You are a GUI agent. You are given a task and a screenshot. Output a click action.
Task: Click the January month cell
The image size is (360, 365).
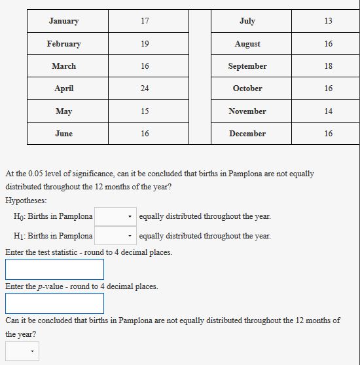[63, 21]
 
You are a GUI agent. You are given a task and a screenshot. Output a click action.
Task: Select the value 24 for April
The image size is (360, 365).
[145, 88]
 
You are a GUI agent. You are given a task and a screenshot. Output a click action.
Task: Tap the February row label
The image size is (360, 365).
[63, 44]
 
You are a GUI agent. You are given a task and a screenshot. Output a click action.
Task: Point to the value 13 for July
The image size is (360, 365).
[328, 21]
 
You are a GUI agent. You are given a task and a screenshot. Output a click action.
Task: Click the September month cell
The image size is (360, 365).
[247, 66]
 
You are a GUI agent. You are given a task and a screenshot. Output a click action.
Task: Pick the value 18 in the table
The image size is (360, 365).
[328, 66]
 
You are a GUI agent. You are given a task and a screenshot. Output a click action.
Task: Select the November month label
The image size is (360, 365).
[247, 111]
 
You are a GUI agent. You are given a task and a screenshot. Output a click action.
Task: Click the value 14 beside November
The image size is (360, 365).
[328, 111]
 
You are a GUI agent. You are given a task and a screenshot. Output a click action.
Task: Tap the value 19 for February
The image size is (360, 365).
[145, 44]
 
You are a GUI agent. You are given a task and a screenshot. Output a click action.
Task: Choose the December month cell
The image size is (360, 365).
[247, 134]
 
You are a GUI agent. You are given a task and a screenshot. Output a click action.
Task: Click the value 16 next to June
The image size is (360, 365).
[145, 134]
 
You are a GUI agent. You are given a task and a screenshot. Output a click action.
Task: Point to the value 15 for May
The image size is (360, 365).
[145, 111]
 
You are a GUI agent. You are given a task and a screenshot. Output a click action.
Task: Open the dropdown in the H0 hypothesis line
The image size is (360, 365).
[116, 216]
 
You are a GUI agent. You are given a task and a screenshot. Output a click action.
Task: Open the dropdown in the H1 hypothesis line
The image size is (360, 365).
[116, 236]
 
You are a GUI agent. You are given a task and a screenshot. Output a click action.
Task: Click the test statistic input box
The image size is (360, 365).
[54, 269]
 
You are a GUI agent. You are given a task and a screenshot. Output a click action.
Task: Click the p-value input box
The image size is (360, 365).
[54, 303]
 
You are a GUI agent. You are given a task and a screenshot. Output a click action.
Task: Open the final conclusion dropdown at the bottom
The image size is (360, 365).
[22, 352]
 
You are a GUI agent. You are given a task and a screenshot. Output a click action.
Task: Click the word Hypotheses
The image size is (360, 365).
[25, 201]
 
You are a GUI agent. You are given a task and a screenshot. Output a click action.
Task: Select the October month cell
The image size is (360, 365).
[247, 88]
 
